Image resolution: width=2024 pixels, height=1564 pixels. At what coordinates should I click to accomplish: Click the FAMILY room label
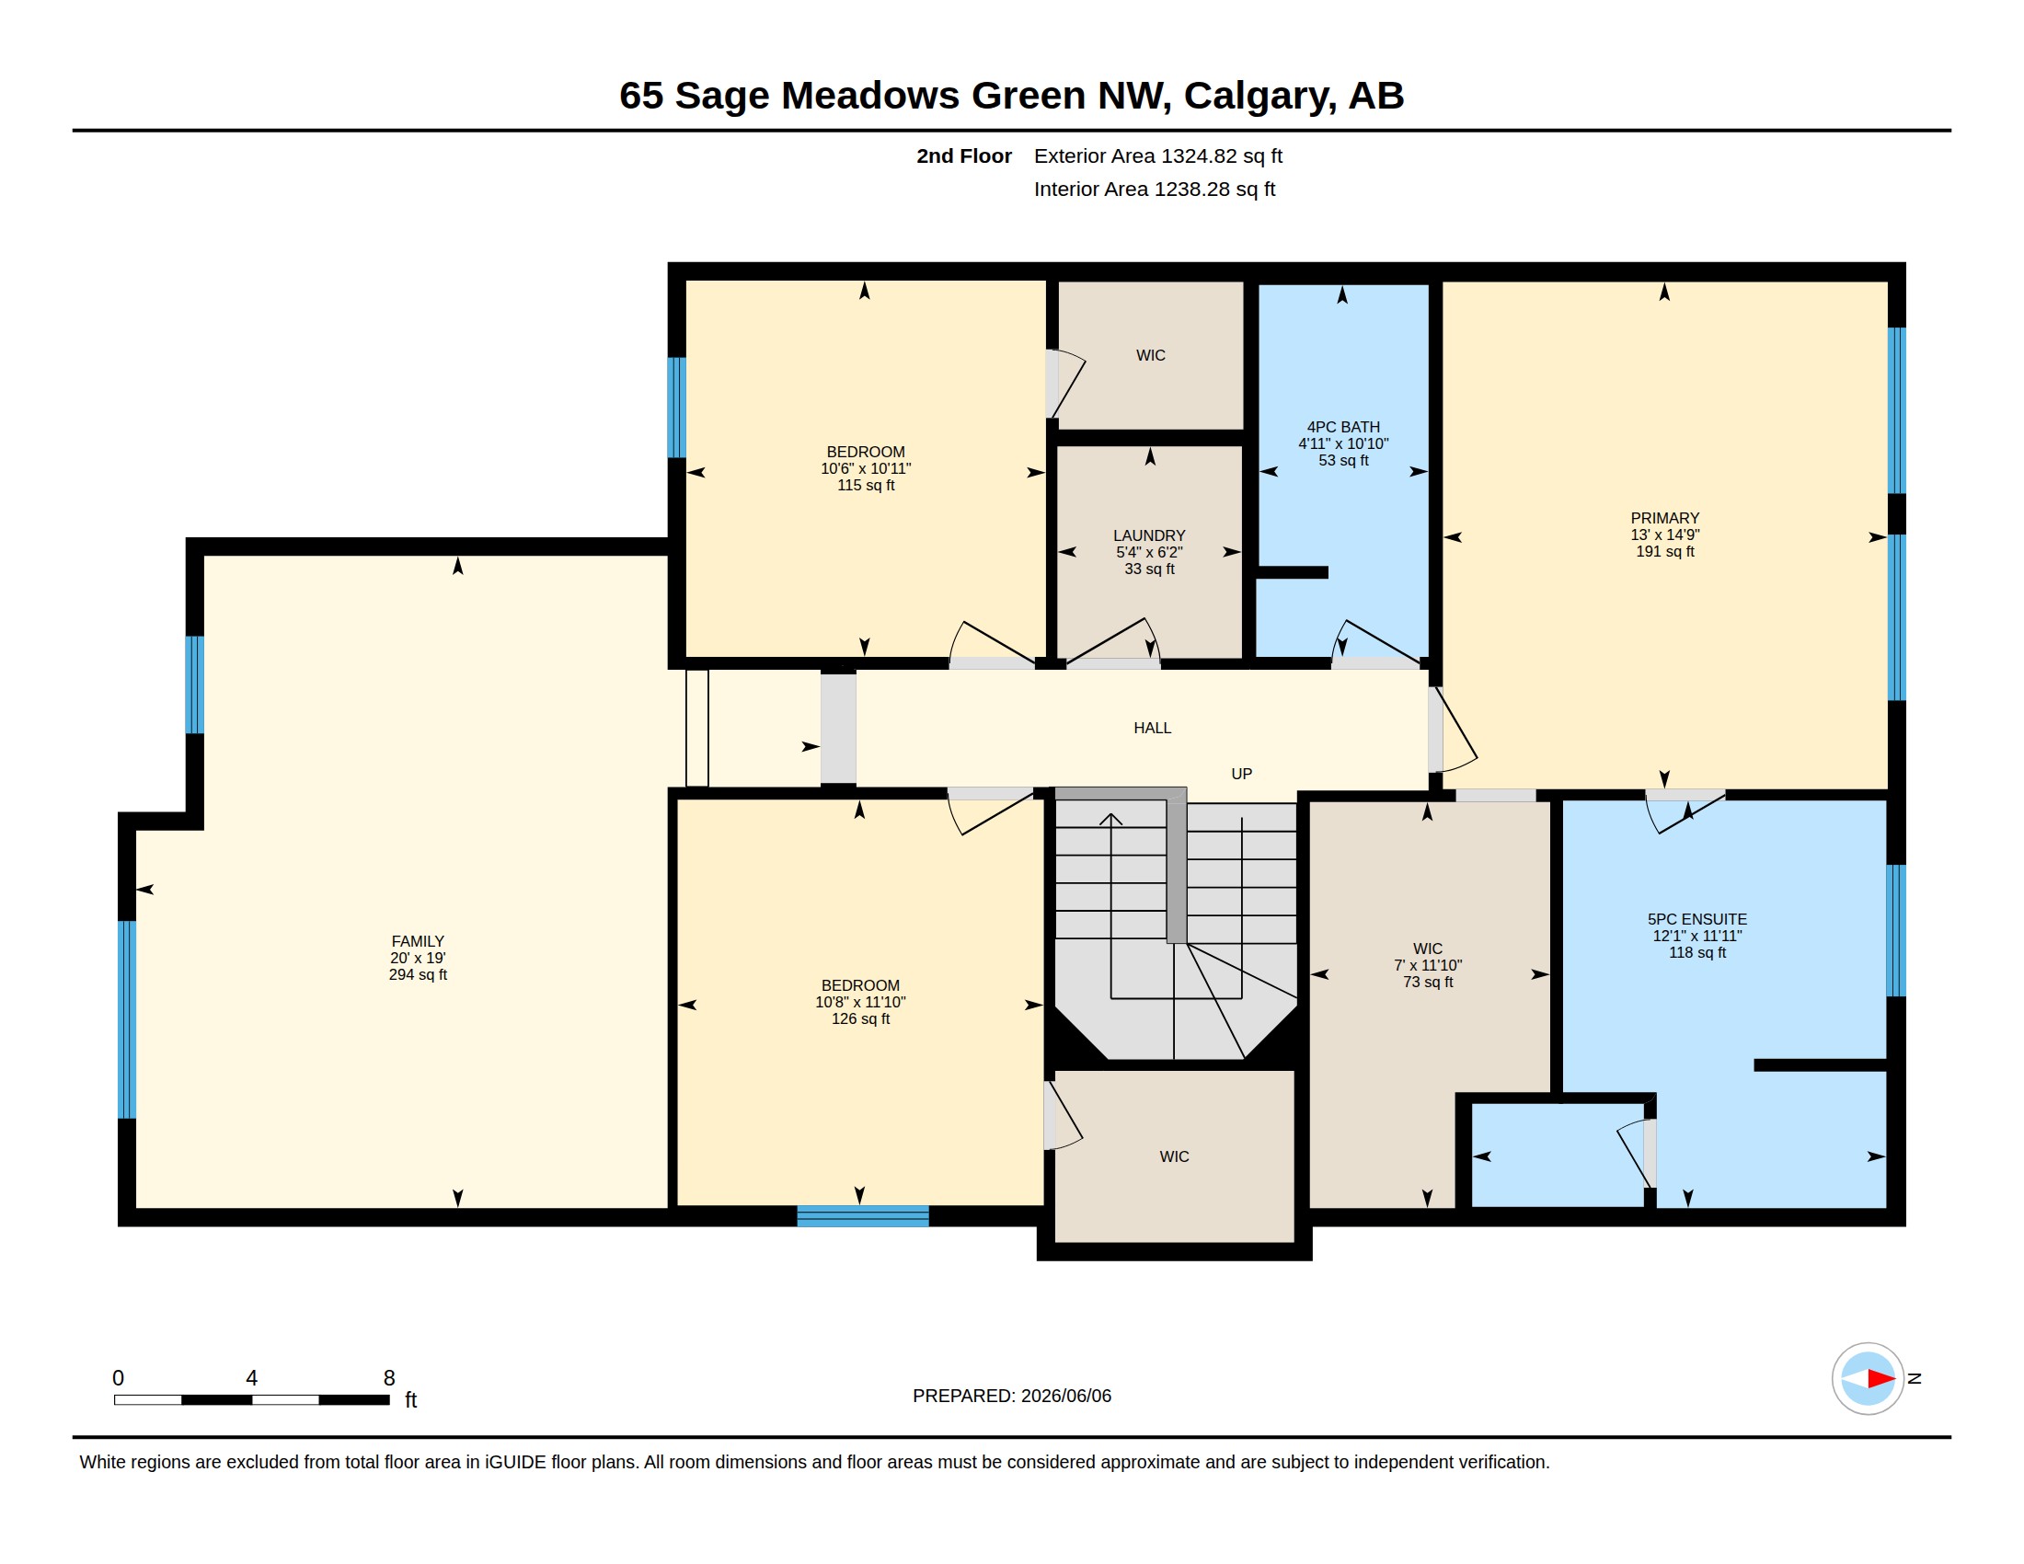pyautogui.click(x=417, y=940)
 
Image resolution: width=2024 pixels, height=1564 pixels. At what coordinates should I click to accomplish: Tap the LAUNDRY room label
pyautogui.click(x=1149, y=535)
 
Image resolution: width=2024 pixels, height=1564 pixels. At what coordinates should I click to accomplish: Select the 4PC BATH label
pyautogui.click(x=1343, y=427)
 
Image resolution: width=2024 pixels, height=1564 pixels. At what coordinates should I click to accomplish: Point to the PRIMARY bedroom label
pyautogui.click(x=1664, y=518)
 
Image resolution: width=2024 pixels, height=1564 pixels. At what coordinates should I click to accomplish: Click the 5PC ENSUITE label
pyautogui.click(x=1696, y=919)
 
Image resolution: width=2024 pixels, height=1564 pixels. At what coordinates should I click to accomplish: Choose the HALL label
pyautogui.click(x=1152, y=729)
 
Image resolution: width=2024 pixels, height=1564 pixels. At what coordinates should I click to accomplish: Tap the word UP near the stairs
pyautogui.click(x=1241, y=774)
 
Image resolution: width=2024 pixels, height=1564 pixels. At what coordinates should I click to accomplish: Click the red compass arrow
pyautogui.click(x=1880, y=1379)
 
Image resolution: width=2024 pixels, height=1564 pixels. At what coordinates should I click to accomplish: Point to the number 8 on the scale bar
pyautogui.click(x=389, y=1378)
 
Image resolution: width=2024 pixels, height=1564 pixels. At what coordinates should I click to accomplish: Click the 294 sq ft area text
pyautogui.click(x=417, y=974)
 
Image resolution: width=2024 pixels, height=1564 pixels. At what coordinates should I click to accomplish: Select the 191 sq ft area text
pyautogui.click(x=1664, y=551)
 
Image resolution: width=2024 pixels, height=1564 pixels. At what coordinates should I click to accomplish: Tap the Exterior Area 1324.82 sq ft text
pyautogui.click(x=1157, y=155)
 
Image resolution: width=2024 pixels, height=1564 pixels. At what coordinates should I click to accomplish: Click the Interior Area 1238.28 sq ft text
pyautogui.click(x=1154, y=189)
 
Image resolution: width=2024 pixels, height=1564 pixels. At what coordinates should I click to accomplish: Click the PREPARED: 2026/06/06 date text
pyautogui.click(x=1011, y=1396)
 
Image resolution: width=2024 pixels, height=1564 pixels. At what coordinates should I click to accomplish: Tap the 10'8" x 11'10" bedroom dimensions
pyautogui.click(x=860, y=1002)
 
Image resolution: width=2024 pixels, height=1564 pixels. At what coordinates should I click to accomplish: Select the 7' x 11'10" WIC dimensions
pyautogui.click(x=1427, y=964)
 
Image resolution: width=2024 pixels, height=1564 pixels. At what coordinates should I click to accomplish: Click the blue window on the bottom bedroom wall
pyautogui.click(x=863, y=1216)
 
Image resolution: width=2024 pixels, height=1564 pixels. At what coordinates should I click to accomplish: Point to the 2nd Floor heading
pyautogui.click(x=964, y=155)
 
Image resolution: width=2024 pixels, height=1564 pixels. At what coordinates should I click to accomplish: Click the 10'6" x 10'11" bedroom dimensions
pyautogui.click(x=866, y=469)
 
